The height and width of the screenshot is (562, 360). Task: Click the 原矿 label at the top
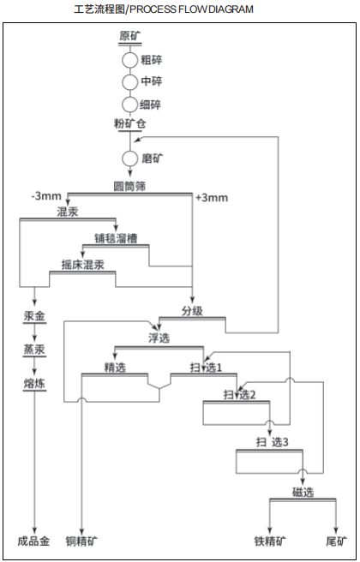point(129,37)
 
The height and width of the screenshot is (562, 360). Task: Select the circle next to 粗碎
point(129,61)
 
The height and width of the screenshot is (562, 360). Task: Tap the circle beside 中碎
point(129,82)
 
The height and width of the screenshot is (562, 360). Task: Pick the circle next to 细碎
point(129,104)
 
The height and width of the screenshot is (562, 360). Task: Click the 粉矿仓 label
point(129,125)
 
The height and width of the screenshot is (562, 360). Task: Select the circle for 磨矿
point(129,158)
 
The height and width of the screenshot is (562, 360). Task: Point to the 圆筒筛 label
point(129,186)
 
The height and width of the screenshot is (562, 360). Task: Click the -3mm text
point(45,197)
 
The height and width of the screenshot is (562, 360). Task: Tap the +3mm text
point(211,198)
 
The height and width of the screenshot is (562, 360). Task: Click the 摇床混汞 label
point(83,265)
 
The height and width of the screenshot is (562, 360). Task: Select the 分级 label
point(192,310)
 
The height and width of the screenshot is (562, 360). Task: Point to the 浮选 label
point(159,338)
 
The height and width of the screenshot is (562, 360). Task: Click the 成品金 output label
point(33,541)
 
